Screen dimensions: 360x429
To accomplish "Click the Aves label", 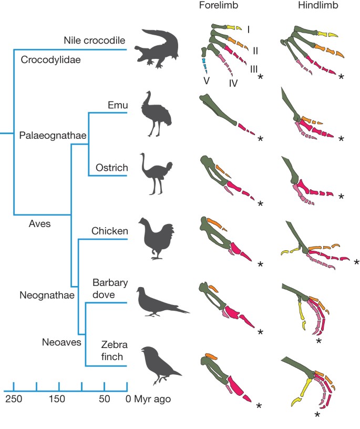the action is coord(39,223).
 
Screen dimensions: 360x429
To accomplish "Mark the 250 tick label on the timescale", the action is coord(13,399).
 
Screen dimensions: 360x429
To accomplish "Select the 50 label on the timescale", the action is coord(104,399).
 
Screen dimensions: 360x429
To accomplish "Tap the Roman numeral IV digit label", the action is coord(233,83).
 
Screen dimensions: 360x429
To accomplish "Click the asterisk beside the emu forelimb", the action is coord(261,140).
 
